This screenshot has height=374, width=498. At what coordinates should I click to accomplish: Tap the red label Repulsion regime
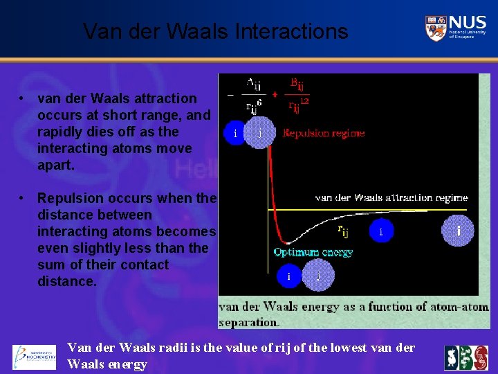tap(323, 132)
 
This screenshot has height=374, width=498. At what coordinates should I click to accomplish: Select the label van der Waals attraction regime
tap(391, 197)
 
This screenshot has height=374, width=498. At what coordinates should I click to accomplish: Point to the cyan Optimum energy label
tap(313, 252)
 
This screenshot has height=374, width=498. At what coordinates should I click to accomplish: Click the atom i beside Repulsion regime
tap(235, 133)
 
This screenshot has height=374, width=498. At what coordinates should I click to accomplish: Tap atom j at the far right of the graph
tap(459, 230)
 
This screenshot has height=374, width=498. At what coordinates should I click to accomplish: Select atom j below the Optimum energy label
tap(319, 276)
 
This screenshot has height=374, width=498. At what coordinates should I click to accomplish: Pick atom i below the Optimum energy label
tap(290, 276)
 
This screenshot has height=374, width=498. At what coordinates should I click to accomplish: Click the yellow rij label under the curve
tap(343, 230)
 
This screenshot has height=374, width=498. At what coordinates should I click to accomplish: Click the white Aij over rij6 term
tap(253, 95)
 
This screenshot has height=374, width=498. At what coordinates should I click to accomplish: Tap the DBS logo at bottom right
tap(465, 357)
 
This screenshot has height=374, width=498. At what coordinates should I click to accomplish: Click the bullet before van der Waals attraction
tap(23, 98)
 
